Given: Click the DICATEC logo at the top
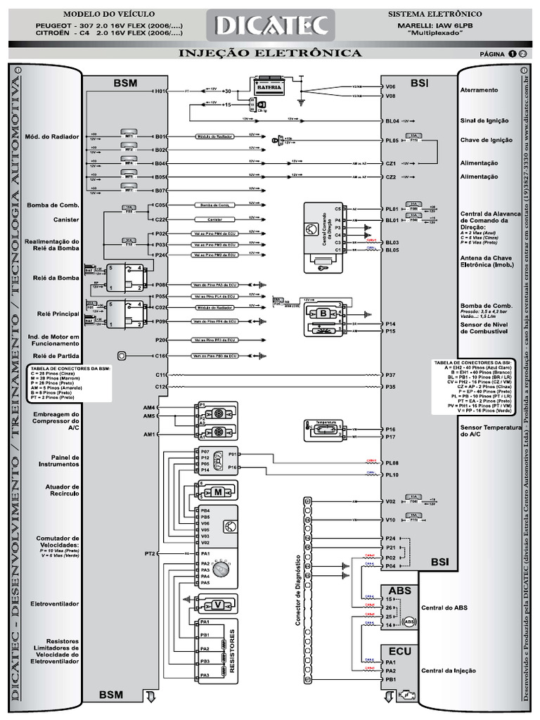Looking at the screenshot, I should click(x=271, y=25).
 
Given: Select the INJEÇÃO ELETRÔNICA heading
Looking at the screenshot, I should click(x=271, y=53).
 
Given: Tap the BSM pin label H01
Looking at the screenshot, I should click(x=160, y=91).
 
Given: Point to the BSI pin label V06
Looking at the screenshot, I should click(x=391, y=86).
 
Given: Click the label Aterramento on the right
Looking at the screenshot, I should click(x=479, y=90).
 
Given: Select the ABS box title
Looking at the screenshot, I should click(x=399, y=590).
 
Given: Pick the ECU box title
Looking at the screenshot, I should click(x=399, y=651).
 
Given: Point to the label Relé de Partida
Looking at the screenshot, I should click(x=53, y=356).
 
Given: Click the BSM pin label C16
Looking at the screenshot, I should click(x=160, y=356).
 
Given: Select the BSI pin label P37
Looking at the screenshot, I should click(x=391, y=375).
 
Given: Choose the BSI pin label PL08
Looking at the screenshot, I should click(x=392, y=463).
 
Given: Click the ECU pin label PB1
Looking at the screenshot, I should click(x=391, y=680).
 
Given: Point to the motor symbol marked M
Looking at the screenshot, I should click(x=218, y=491).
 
